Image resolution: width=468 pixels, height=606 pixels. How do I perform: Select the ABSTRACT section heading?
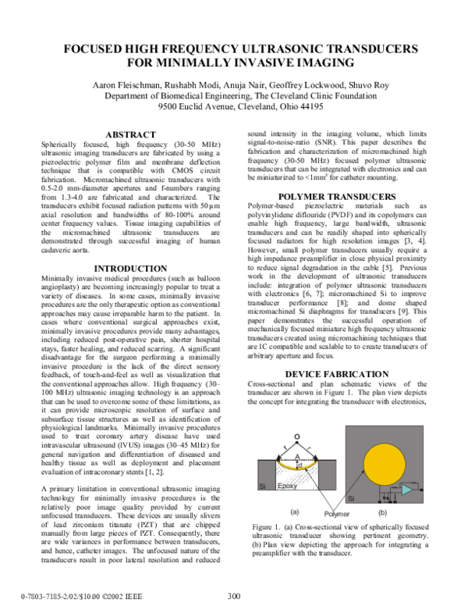pyautogui.click(x=133, y=135)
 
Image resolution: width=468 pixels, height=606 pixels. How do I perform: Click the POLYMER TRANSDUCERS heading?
pyautogui.click(x=337, y=196)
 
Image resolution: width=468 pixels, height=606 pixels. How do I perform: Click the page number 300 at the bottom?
pyautogui.click(x=234, y=596)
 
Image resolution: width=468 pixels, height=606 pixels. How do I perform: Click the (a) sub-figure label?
pyautogui.click(x=295, y=512)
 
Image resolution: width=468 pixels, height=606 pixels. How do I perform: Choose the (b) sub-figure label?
pyautogui.click(x=381, y=512)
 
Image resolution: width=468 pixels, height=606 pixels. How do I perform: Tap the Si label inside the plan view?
pyautogui.click(x=352, y=497)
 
